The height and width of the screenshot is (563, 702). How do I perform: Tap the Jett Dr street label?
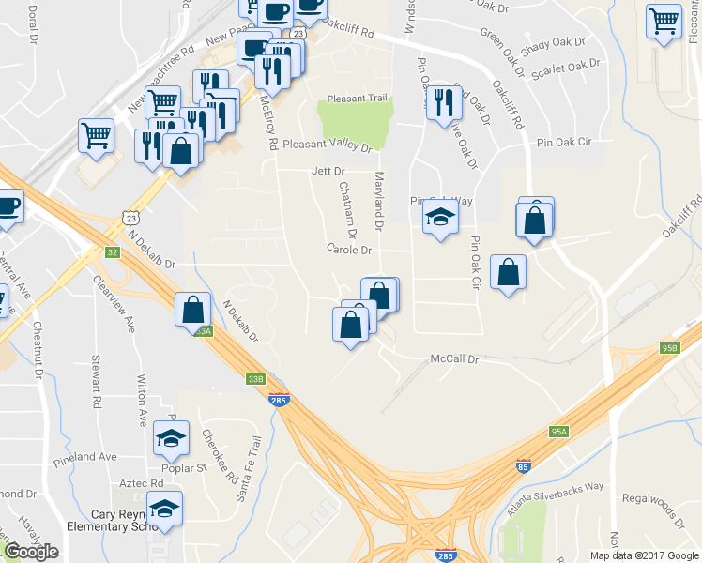coord(328,172)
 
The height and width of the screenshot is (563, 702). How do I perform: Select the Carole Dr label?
coord(349,250)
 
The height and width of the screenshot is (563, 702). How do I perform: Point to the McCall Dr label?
coord(454,359)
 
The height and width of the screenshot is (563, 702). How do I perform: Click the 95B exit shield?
coord(669,348)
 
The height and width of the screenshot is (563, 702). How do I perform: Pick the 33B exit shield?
coord(255,379)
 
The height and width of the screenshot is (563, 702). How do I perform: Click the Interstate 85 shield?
coord(522,465)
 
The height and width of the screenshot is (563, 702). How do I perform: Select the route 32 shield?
coord(113,252)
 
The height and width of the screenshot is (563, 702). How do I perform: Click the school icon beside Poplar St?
coord(171,437)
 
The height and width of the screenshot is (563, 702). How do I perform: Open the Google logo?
coord(31,552)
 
